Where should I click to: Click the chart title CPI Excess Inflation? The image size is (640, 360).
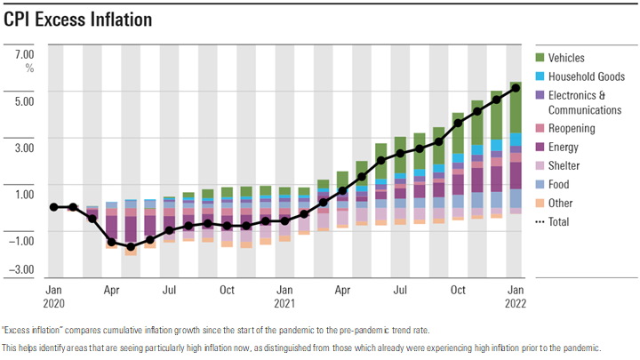coord(77,19)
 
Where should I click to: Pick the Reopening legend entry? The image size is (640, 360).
coord(572,129)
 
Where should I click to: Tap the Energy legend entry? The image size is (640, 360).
coord(564,148)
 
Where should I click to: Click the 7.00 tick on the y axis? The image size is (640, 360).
coord(24,53)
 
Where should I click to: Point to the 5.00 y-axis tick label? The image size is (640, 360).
coord(24,100)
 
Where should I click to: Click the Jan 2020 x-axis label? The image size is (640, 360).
coord(54,296)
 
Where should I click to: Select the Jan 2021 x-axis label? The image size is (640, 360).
coord(285,296)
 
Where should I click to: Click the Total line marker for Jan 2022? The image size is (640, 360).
coord(516,87)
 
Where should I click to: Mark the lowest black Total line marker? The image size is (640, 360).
coord(132,247)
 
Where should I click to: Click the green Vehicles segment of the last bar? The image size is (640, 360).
coord(516,108)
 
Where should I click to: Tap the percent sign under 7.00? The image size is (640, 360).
coord(28,67)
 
